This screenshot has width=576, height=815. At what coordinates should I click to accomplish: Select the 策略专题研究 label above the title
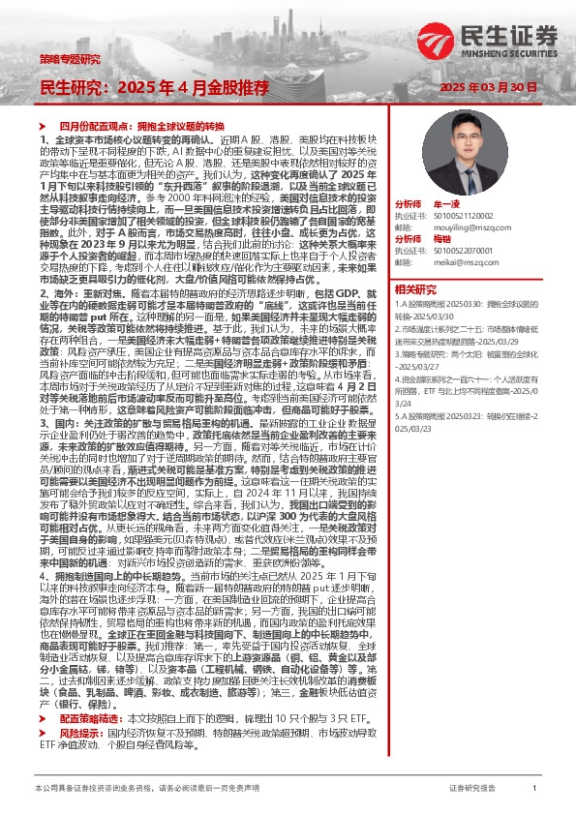tap(70, 59)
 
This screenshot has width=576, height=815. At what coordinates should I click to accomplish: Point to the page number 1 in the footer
tap(535, 790)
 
